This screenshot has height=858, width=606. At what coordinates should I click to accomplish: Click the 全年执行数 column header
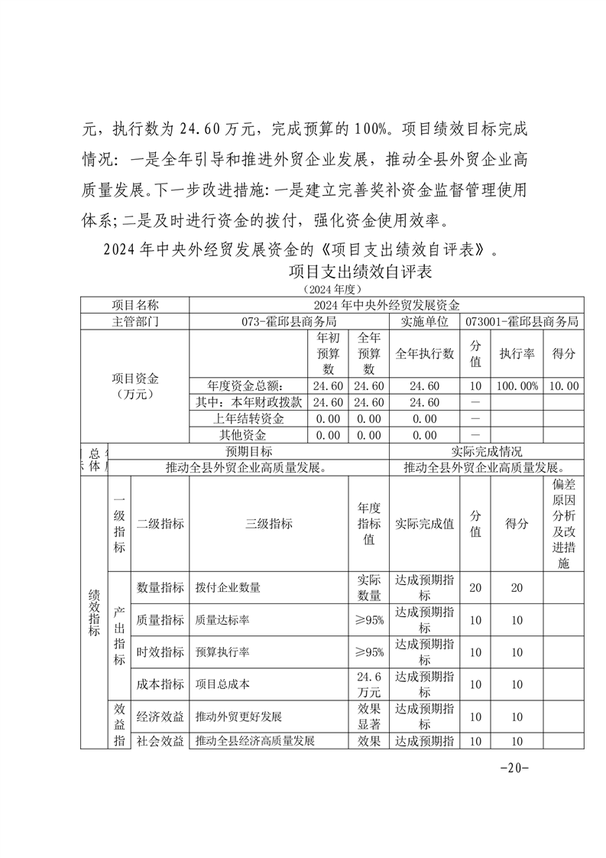[424, 354]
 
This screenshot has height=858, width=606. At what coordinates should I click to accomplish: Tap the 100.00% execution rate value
[517, 386]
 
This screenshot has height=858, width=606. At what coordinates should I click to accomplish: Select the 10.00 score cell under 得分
[563, 386]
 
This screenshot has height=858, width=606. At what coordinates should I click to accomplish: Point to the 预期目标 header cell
[251, 452]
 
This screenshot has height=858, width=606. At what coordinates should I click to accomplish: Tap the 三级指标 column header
[268, 524]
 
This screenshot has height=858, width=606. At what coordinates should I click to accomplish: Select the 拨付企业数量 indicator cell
[228, 588]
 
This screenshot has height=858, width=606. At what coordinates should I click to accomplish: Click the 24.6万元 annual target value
[368, 684]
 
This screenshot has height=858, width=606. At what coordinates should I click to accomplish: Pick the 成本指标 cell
[160, 684]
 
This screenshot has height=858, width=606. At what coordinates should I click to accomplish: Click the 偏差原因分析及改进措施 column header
[563, 524]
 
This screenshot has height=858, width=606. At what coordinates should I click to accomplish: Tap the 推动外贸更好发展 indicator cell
[238, 717]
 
